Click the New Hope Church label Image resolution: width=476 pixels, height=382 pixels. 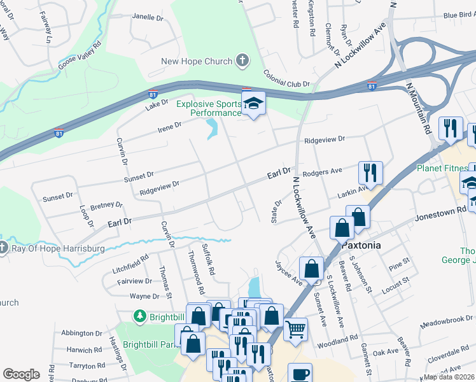click(x=197, y=61)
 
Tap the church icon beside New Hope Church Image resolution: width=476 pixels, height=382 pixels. click(x=242, y=61)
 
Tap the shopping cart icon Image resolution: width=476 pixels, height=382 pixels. click(x=296, y=330)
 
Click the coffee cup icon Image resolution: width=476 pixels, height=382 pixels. click(x=300, y=374)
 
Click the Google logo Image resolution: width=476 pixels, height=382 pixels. click(x=21, y=374)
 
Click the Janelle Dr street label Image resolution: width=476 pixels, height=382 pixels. click(x=147, y=17)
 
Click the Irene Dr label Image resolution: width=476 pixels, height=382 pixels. click(x=170, y=129)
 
